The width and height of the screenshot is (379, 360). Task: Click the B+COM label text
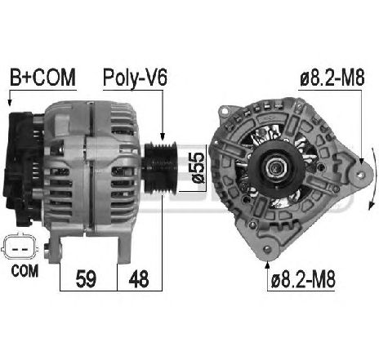(42, 78)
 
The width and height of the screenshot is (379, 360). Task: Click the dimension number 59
(85, 278)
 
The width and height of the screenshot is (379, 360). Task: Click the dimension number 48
(140, 278)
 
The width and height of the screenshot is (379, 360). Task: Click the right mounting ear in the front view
(353, 172)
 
